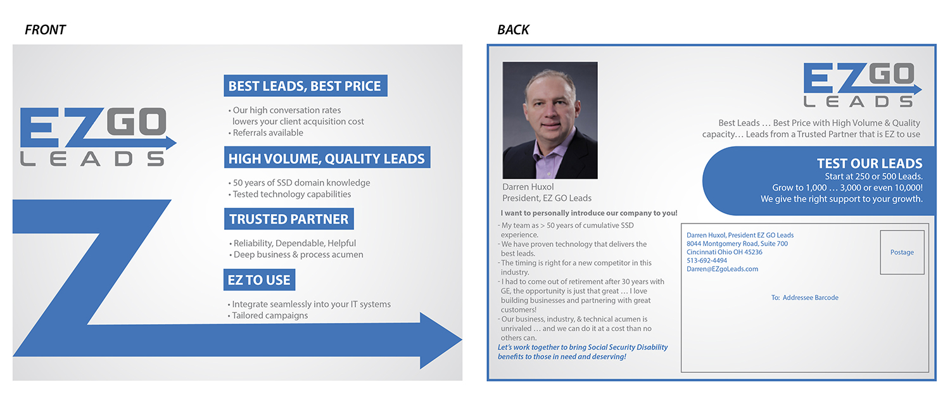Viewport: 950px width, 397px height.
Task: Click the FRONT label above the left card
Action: click(45, 30)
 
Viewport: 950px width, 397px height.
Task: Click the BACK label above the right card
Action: click(513, 30)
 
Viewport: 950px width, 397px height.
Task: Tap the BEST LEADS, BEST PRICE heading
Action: click(305, 85)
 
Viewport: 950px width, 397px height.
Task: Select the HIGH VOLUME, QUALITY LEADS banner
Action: click(327, 158)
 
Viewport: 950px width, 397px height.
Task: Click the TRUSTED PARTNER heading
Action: click(289, 219)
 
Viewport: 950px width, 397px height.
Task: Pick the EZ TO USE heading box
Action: click(259, 279)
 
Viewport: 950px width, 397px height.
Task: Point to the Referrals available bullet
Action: click(266, 133)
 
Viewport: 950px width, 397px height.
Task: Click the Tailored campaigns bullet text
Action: click(268, 315)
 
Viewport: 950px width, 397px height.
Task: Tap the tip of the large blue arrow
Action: click(462, 340)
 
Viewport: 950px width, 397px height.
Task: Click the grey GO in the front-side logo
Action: click(136, 122)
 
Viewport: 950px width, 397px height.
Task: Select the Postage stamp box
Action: click(902, 253)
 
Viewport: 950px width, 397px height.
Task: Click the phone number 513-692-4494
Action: click(707, 260)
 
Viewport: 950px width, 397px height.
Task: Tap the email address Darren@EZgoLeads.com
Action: click(722, 269)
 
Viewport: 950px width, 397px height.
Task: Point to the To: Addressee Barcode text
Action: click(804, 298)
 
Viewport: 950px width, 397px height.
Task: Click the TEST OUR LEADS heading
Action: click(870, 163)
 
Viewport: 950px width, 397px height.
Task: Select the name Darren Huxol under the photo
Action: click(528, 187)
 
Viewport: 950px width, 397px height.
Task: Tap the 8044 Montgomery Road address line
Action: click(737, 244)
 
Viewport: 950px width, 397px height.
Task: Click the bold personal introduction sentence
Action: click(588, 213)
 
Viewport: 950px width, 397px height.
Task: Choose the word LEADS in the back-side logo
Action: click(858, 101)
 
